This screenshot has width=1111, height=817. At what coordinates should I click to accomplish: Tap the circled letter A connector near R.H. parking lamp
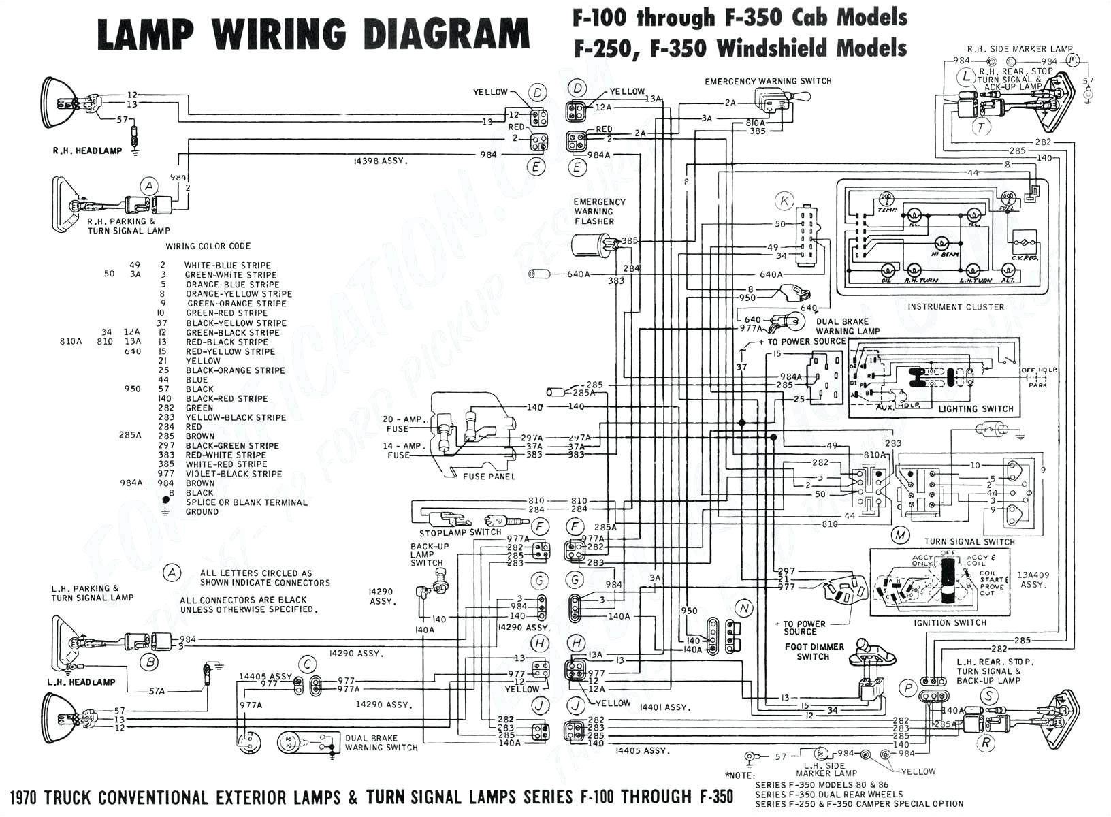[148, 186]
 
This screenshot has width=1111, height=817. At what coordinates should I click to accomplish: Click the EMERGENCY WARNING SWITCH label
[768, 81]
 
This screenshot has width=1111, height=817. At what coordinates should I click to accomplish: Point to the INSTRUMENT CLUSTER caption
[955, 307]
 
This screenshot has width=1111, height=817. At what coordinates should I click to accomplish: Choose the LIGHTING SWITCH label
[976, 408]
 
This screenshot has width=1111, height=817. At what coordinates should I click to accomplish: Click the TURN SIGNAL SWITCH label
[969, 542]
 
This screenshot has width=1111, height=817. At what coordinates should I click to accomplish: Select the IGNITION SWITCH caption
[950, 623]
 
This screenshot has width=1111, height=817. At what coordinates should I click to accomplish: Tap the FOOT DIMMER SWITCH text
[814, 652]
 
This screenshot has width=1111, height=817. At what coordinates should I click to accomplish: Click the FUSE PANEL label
[489, 476]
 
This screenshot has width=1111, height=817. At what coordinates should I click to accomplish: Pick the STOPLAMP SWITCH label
[460, 532]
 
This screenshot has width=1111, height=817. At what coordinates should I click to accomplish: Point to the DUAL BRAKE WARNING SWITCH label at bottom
[381, 743]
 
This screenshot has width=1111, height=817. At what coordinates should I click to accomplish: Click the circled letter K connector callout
[785, 201]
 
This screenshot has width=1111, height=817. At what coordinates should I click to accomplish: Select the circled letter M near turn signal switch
[901, 535]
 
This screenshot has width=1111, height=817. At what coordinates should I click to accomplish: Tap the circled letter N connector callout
[744, 608]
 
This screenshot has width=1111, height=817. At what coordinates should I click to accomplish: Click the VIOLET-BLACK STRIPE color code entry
[234, 474]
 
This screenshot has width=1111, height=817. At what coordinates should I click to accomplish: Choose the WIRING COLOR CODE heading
[208, 246]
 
